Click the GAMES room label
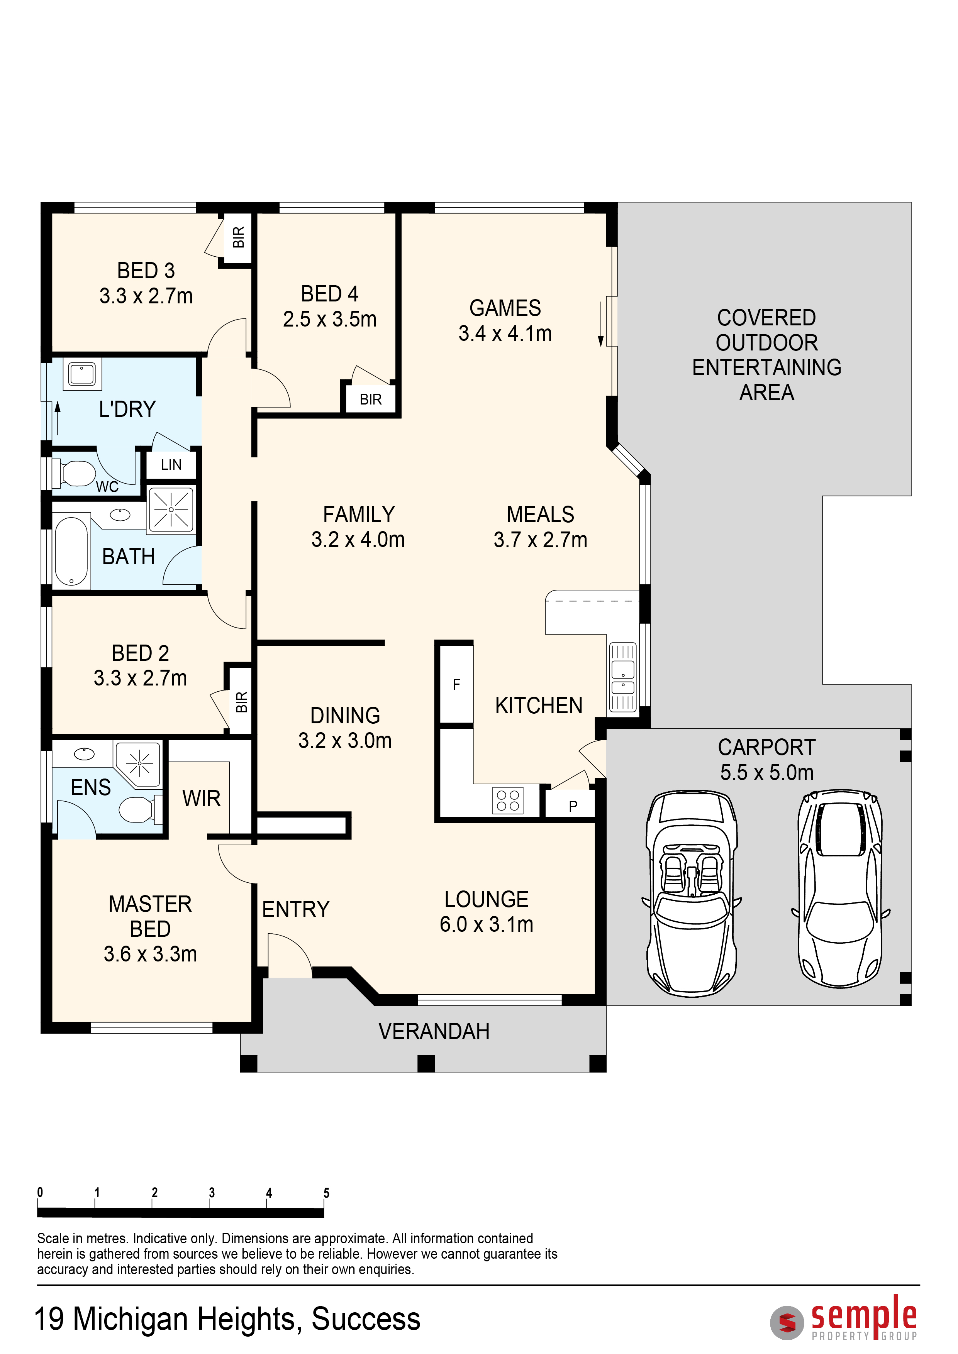coord(505,308)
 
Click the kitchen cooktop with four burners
coord(507,800)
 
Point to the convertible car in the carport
coord(691,894)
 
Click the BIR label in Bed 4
coord(370,399)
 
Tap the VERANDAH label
coord(434,1031)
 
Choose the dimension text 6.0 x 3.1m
coord(486,924)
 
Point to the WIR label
coord(201,799)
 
